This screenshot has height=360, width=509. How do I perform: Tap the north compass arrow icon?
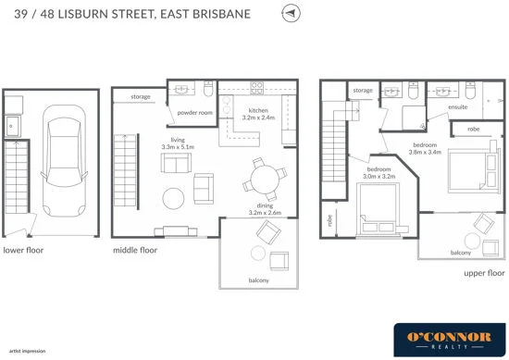pos(292,15)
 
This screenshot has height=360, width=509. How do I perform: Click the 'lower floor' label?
pos(24,249)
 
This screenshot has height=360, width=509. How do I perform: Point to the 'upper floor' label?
pos(482,274)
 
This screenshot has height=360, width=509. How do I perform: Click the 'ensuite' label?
pos(459,106)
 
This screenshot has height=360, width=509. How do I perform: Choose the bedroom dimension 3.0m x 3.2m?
pos(379,173)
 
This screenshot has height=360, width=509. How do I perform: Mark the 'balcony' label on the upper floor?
pos(460,252)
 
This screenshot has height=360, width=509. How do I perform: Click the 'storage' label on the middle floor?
pos(141,95)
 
